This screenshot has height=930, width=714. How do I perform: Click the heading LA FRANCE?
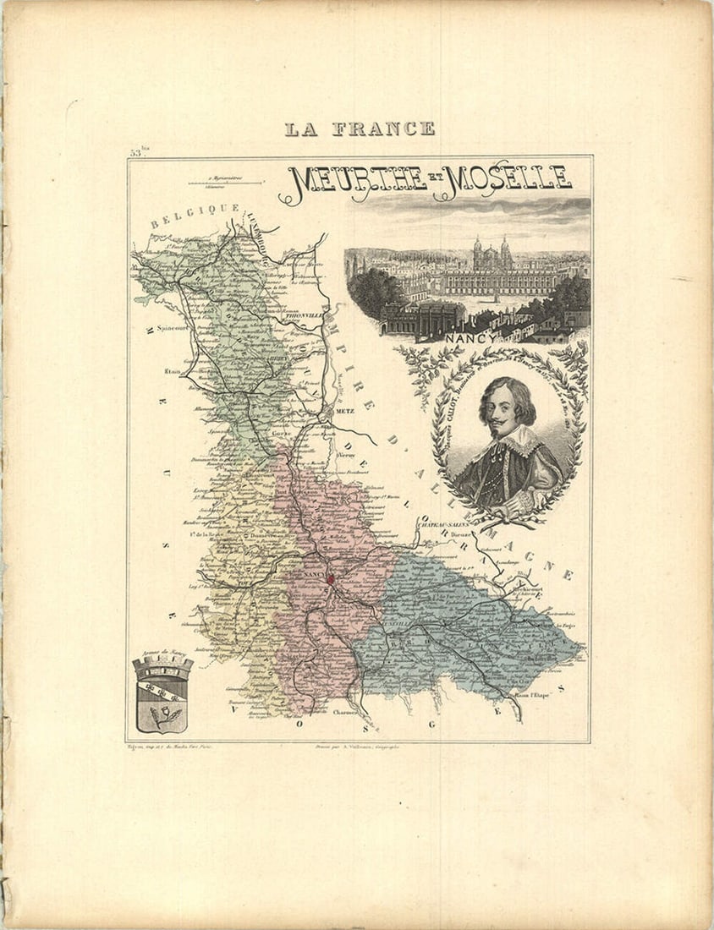click(x=360, y=129)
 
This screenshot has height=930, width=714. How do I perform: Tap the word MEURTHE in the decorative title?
click(x=355, y=180)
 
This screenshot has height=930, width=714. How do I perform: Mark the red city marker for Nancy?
click(x=332, y=579)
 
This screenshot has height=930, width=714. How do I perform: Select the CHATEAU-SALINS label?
click(x=442, y=524)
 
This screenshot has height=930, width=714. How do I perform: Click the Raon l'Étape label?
click(x=532, y=697)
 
